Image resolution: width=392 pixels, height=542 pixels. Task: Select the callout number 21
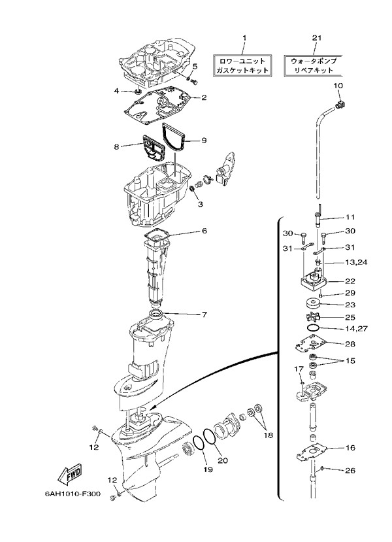point(317,38)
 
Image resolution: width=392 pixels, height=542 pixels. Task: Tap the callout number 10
point(338,85)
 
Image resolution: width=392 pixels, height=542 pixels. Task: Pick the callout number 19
point(208,469)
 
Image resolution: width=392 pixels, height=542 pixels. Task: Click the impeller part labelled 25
point(314,318)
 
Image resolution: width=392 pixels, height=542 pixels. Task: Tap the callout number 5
point(195,67)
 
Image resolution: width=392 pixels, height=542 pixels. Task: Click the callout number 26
point(350,470)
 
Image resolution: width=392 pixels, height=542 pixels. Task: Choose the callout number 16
point(350,449)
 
